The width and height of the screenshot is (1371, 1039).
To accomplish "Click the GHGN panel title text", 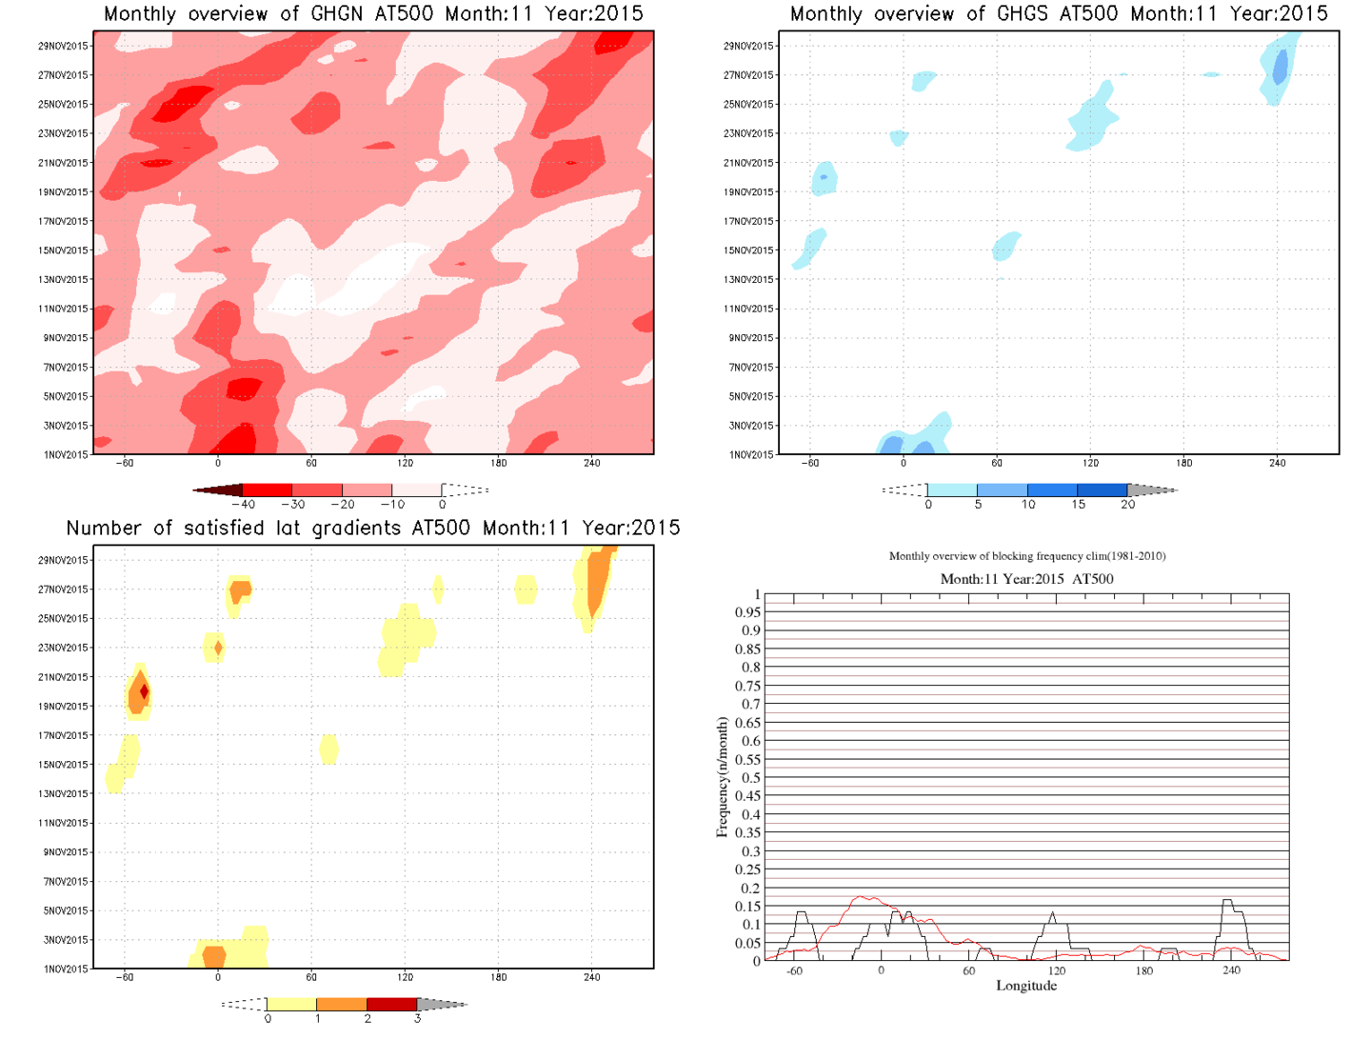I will (373, 14).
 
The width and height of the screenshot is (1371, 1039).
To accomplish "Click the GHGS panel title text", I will (1059, 14).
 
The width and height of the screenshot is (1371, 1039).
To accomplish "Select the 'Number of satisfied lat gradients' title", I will (373, 529).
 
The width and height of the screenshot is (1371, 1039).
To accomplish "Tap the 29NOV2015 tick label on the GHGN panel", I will (64, 46).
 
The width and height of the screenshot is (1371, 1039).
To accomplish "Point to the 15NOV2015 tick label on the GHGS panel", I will (749, 250).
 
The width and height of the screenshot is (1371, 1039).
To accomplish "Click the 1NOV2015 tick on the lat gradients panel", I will (64, 969).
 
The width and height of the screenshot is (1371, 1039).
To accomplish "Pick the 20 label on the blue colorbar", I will (1127, 505).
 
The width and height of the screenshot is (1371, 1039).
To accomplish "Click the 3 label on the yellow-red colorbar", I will (417, 1019).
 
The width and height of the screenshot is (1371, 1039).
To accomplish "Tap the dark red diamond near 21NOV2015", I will (145, 691).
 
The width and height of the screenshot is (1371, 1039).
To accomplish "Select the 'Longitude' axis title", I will (1026, 986).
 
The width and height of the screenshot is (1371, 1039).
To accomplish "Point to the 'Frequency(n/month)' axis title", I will (722, 777).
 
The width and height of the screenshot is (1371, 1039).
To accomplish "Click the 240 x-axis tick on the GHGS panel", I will (1277, 463).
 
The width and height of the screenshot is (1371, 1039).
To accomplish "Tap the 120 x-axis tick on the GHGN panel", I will (405, 463).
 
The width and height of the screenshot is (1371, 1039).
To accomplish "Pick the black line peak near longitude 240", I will (1227, 900).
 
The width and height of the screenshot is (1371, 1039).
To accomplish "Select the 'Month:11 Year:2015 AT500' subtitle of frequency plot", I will (1026, 579).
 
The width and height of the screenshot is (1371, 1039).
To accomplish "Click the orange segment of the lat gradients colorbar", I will (341, 1004).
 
